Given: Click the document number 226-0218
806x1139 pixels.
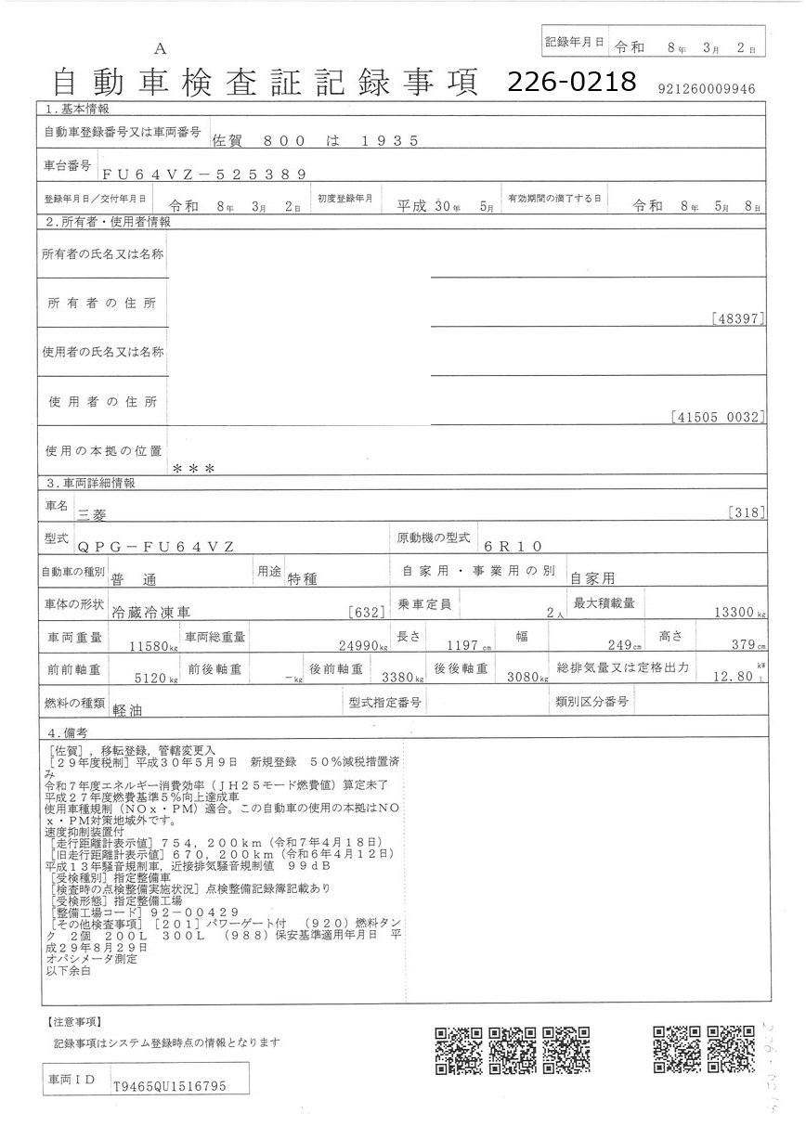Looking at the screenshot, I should (x=571, y=83).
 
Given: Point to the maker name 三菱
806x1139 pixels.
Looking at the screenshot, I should (x=94, y=512).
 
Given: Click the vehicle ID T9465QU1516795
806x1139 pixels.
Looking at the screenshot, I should (x=168, y=1085).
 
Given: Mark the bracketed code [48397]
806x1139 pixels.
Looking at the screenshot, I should (x=737, y=318).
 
